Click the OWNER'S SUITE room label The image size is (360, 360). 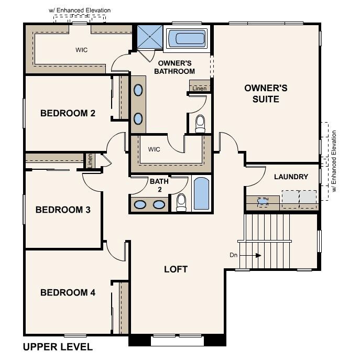[x=266, y=93]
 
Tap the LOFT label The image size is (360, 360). [x=176, y=269]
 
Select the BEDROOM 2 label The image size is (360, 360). [x=68, y=113]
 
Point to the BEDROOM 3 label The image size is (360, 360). [x=63, y=210]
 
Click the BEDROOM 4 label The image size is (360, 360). [x=68, y=292]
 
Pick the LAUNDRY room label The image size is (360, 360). [x=291, y=177]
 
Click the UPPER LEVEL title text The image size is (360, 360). [x=58, y=347]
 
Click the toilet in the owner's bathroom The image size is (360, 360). [x=200, y=123]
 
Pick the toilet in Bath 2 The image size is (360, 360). [x=181, y=202]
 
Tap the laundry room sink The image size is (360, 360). [x=263, y=200]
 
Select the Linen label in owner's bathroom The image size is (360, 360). [x=199, y=88]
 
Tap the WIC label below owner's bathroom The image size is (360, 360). [x=154, y=149]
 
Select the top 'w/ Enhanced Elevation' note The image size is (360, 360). [x=80, y=10]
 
